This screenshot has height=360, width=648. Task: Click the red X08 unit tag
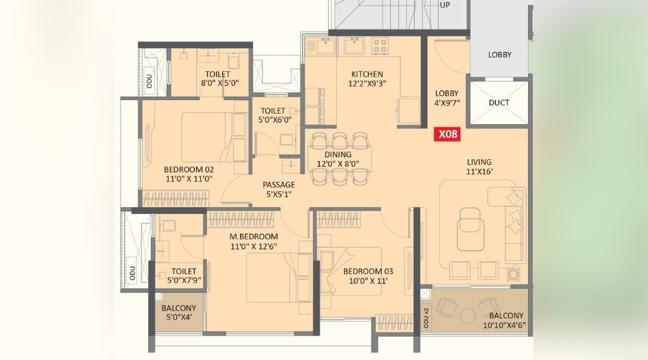[x=448, y=134]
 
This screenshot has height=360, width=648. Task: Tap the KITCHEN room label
[x=368, y=74]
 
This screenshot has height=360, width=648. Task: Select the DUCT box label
[x=499, y=103]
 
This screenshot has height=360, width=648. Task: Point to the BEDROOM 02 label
[x=189, y=169]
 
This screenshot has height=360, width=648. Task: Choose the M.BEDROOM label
[x=254, y=237]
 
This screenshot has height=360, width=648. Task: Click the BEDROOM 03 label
[x=368, y=271]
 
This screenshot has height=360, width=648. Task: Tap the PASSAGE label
[x=279, y=185]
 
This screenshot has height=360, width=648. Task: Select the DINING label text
[x=338, y=155]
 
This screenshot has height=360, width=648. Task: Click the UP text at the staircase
[x=444, y=4]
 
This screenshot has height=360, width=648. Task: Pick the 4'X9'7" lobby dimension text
[x=447, y=104]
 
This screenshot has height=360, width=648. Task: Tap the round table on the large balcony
[x=468, y=315]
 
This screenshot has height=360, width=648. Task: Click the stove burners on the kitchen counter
[x=379, y=46]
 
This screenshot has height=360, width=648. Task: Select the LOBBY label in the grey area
[x=499, y=55]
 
